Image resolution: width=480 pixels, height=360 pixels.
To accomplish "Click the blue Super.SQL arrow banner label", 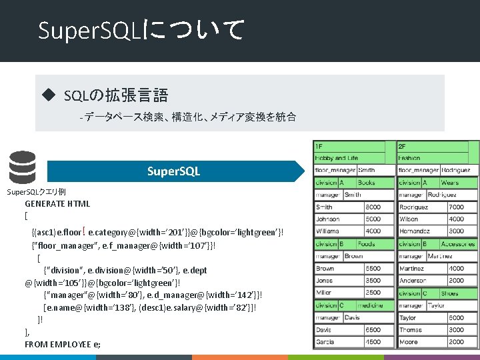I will [x=173, y=171].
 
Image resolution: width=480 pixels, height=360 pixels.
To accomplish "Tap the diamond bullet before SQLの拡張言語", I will [x=47, y=95].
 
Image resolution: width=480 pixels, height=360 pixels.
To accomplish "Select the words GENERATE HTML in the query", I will [x=57, y=204].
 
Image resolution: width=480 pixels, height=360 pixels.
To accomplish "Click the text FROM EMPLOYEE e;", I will [x=63, y=344].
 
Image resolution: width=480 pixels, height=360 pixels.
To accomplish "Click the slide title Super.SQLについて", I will [x=141, y=30].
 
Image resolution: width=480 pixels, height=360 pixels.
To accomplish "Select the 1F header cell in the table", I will [x=348, y=146].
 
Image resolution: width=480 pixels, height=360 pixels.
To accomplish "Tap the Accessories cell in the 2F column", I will [x=459, y=244].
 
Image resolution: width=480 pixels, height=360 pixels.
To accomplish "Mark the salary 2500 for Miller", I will [x=373, y=293].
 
